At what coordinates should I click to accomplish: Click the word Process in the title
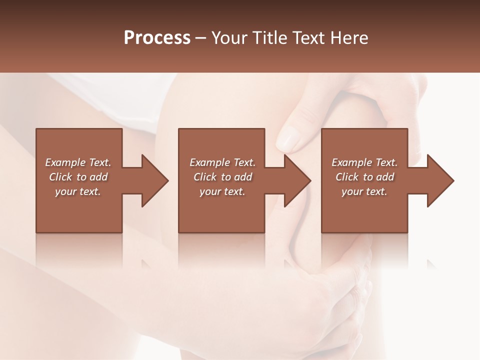tap(157, 38)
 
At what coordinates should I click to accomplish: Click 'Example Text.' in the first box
tap(78, 162)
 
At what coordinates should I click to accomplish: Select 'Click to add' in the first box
tap(78, 177)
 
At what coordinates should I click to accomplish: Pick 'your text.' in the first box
tap(78, 191)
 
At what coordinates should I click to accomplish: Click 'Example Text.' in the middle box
tap(222, 162)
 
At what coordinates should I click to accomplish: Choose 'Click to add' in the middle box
tap(222, 177)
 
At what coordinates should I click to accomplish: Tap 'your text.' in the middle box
tap(222, 191)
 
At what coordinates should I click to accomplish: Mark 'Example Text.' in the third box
tap(364, 162)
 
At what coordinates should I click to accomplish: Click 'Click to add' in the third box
tap(364, 177)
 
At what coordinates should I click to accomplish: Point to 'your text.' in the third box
tap(364, 191)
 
